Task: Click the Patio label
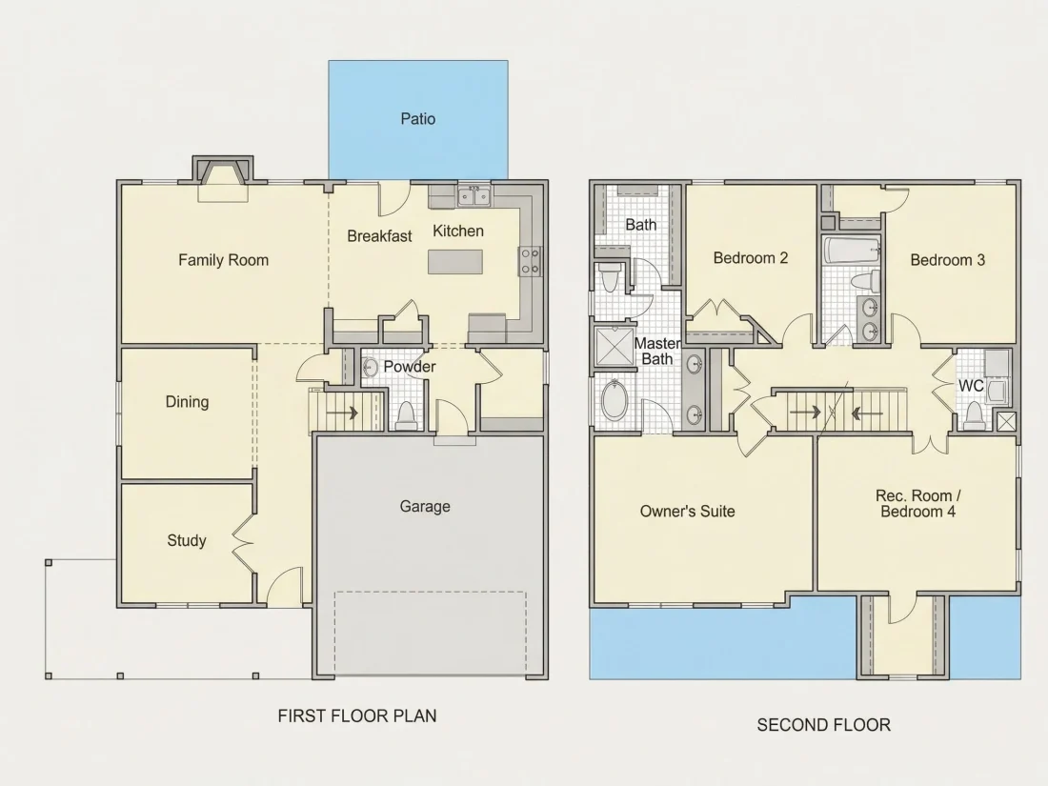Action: coord(417,119)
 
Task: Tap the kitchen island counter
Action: coord(455,261)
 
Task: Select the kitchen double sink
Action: coord(474,196)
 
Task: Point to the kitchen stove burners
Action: coord(530,261)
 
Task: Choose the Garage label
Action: coord(425,507)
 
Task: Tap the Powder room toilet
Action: coord(407,415)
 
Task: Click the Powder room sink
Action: coord(370,367)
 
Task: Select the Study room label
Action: coord(187,540)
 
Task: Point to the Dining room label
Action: coord(187,402)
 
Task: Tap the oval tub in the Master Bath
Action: coord(615,399)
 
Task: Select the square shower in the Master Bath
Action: coord(615,346)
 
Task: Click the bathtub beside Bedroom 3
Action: coord(851,251)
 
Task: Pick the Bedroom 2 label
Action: coord(751,258)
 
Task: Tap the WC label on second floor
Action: coord(971,386)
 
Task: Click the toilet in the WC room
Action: coord(974,415)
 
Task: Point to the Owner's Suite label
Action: coord(687,512)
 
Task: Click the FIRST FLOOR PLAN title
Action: coord(357,715)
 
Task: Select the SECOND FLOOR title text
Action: coord(823,725)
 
